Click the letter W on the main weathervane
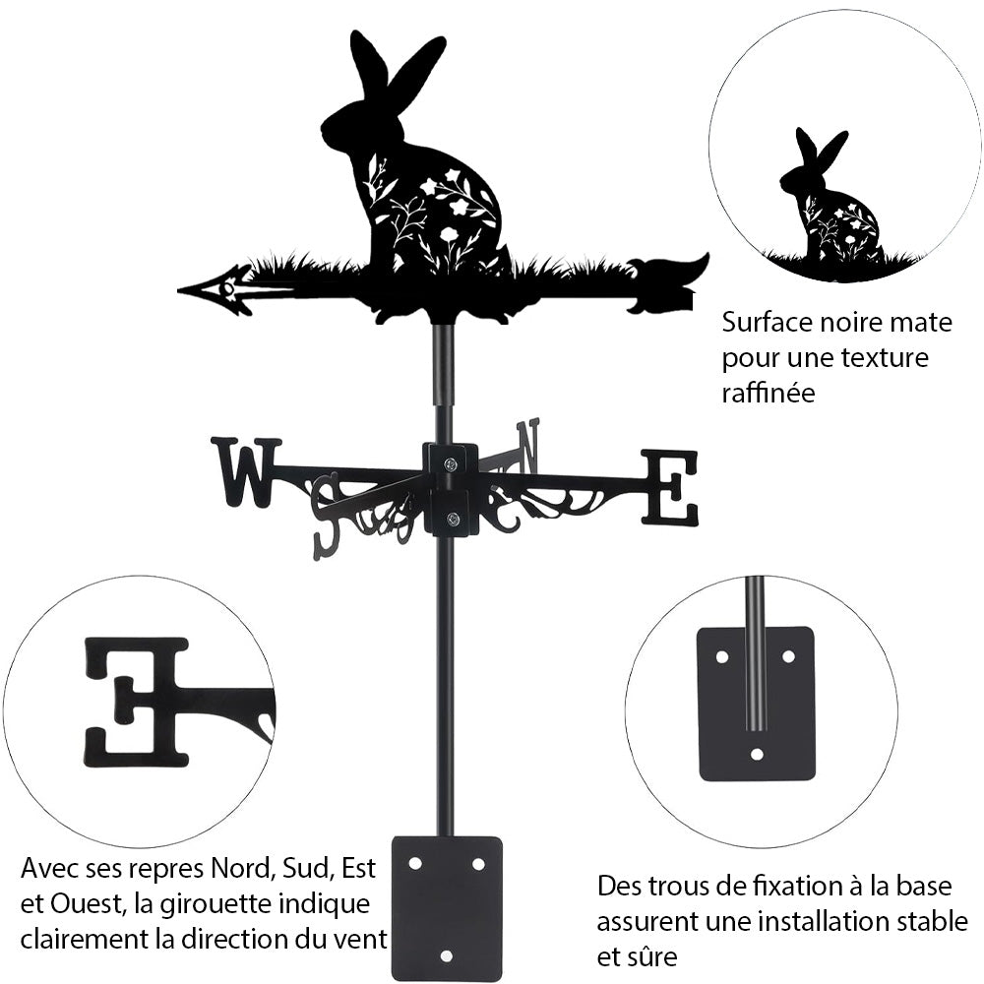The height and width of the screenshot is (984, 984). (247, 472)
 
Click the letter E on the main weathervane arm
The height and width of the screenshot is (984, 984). (669, 488)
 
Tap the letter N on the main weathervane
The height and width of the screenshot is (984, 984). (527, 447)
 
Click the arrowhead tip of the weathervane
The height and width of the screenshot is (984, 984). (179, 290)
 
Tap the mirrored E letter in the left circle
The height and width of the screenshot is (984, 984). (137, 702)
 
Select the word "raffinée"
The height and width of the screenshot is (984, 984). (769, 393)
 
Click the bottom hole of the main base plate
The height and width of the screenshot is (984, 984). (446, 955)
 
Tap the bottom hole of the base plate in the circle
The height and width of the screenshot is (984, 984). (757, 753)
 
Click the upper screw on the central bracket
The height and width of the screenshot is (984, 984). (452, 463)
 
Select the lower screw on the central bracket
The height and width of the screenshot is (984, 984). (453, 518)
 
